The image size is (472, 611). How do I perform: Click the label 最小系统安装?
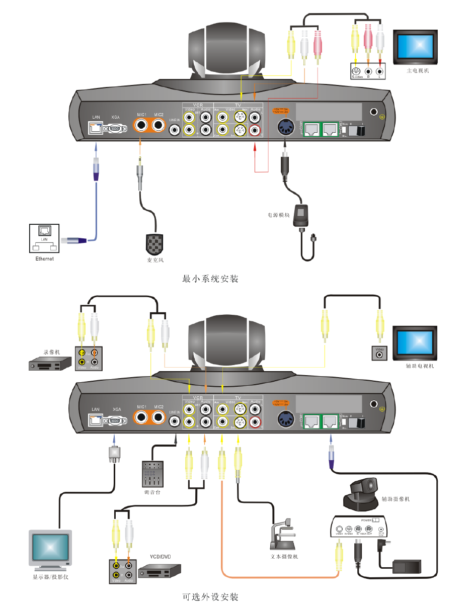(210, 279)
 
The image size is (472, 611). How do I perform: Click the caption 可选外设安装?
(210, 597)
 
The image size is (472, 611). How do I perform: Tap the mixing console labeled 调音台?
(152, 474)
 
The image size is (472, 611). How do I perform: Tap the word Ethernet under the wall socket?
(44, 258)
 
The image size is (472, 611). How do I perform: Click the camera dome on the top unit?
(226, 50)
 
